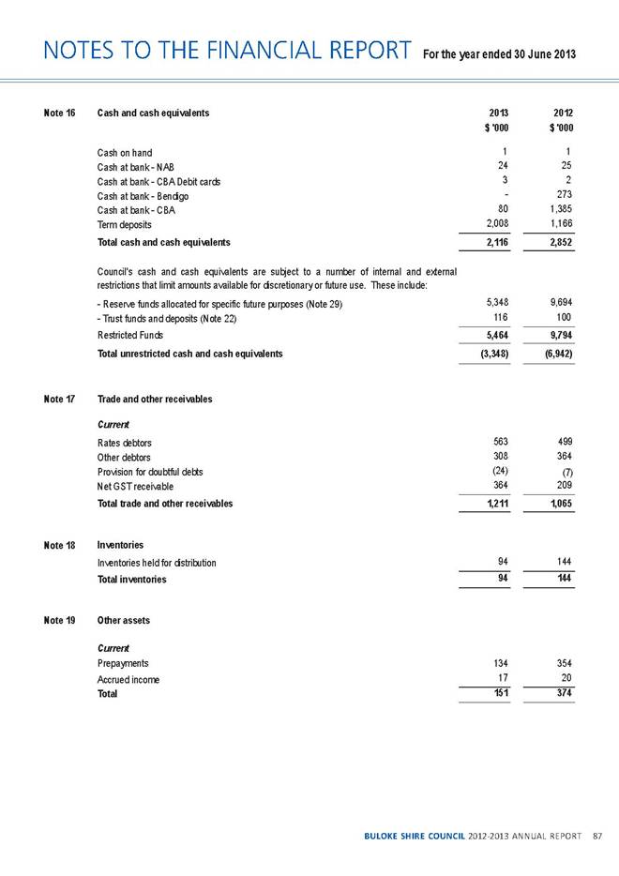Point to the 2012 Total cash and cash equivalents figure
[x=557, y=243]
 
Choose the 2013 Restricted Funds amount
[x=493, y=334]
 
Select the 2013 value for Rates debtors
[x=498, y=441]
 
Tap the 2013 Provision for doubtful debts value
[x=497, y=470]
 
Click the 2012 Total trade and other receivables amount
[x=557, y=504]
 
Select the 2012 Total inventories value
[x=562, y=579]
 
